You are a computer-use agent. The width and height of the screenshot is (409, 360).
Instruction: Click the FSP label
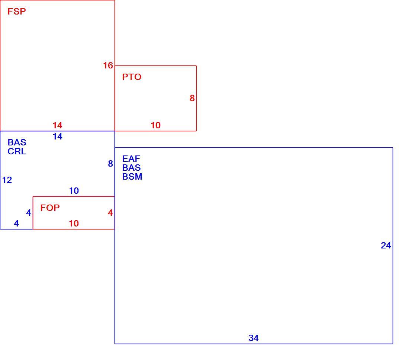pos(17,12)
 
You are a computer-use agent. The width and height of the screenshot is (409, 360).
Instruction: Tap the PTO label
pos(132,77)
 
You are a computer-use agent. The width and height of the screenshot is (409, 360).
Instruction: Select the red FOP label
pos(50,208)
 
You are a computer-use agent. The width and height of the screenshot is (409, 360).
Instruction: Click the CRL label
pos(17,151)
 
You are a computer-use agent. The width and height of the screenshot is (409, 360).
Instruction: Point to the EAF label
pos(131,158)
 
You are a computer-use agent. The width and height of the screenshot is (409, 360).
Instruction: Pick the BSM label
pos(132,177)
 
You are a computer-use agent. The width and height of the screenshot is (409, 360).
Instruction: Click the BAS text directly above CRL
pos(17,142)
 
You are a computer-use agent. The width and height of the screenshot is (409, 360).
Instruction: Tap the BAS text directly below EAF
pos(132,167)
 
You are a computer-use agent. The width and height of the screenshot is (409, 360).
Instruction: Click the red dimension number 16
pos(108,65)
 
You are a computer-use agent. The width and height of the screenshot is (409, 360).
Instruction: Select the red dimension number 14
pos(57,125)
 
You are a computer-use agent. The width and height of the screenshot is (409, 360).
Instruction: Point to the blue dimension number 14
pos(57,136)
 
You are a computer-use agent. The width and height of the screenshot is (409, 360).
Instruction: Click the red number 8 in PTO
pos(192,98)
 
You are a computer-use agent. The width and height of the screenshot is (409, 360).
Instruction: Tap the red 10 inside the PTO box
pos(156,125)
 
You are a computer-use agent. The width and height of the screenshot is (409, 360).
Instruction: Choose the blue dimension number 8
pos(110,164)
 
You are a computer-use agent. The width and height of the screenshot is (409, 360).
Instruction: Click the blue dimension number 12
pos(7,180)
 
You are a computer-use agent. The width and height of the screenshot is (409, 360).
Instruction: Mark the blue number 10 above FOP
pos(74,191)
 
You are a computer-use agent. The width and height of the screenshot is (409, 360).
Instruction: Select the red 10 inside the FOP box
pos(74,224)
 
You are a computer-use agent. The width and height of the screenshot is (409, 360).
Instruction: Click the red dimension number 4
pos(110,213)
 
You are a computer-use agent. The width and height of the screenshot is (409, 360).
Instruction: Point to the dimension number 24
pos(386,245)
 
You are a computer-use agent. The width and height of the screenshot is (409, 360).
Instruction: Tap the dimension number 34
pos(254,338)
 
